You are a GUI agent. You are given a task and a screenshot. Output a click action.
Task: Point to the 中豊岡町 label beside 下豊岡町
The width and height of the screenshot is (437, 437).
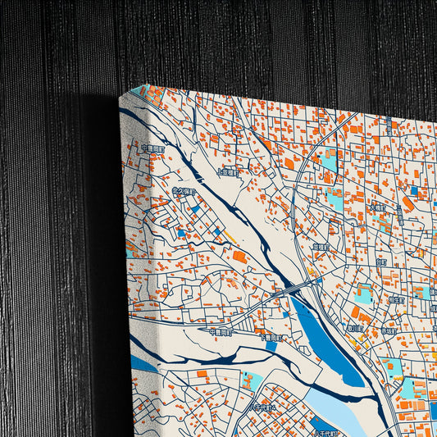point(221,332)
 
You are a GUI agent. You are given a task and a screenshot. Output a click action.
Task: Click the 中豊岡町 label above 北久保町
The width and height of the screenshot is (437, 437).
point(153,149)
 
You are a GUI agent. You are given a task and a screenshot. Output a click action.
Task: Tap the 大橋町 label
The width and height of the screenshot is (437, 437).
point(378,207)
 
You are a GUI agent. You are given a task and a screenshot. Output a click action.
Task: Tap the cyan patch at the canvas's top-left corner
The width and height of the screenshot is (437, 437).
point(140,90)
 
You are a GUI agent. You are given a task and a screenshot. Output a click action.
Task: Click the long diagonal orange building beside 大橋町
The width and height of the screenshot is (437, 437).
point(407,203)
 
